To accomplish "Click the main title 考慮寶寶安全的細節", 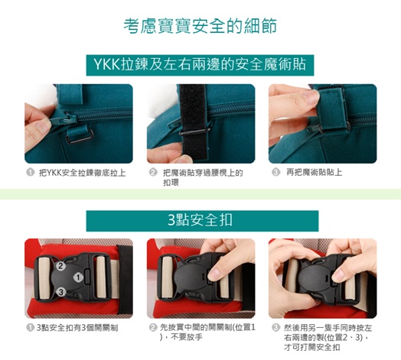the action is click(200, 26).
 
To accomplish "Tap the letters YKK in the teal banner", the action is click(107, 64).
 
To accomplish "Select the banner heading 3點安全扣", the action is click(200, 220).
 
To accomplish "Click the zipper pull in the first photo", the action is click(63, 119).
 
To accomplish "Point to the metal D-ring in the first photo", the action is click(80, 136).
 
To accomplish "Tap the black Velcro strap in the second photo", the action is click(194, 122).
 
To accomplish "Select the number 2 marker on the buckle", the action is click(60, 266).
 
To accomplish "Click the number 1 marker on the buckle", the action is click(78, 277).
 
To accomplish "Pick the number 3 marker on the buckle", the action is click(61, 292).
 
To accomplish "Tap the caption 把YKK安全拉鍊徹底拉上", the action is click(82, 173).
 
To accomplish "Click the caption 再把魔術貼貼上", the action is click(314, 172).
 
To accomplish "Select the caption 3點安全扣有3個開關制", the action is click(77, 328).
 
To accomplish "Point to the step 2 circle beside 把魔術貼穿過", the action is click(153, 173).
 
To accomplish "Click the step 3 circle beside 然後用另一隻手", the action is click(275, 328).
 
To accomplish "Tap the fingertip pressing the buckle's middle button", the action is click(214, 274).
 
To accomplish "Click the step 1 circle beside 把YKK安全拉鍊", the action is click(30, 173).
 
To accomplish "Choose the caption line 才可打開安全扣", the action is click(312, 347).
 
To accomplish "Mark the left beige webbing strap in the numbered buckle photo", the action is click(44, 277).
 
